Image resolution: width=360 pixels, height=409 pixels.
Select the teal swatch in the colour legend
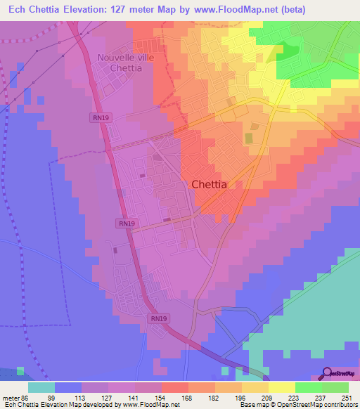[x=41, y=387]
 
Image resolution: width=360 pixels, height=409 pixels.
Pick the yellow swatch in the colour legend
[x=281, y=387]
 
